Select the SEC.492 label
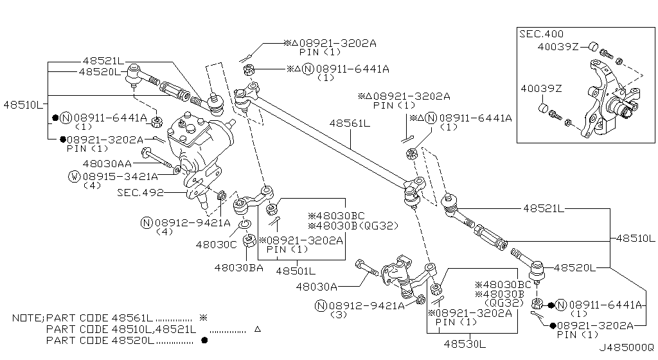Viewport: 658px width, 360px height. click(x=140, y=192)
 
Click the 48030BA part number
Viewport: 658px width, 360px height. click(x=238, y=267)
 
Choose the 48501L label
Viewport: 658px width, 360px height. click(x=296, y=271)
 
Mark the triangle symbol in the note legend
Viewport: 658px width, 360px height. click(x=257, y=329)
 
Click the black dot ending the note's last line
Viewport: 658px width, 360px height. click(x=204, y=340)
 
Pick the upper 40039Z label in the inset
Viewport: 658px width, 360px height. click(x=558, y=46)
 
